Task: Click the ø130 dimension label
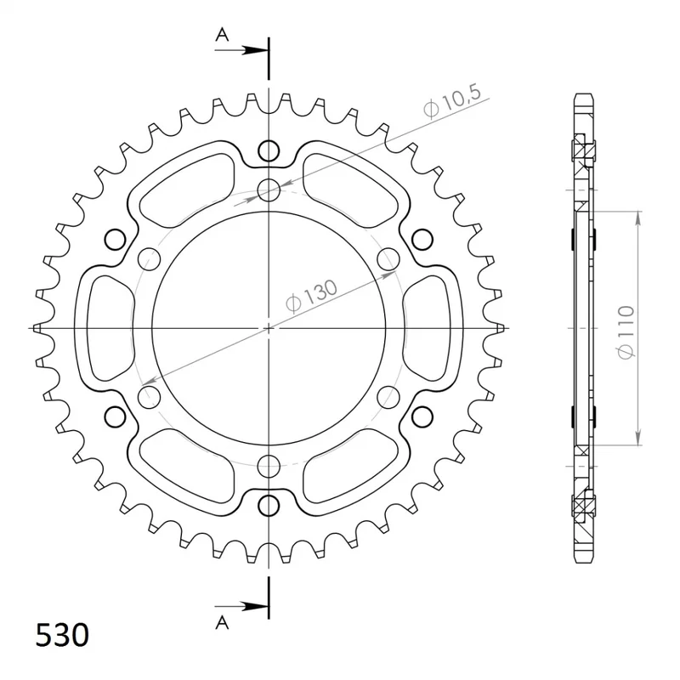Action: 311,296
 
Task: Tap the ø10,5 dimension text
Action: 452,102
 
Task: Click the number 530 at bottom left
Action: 62,635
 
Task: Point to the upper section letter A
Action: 222,34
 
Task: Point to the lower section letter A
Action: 222,622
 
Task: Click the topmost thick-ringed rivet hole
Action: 269,151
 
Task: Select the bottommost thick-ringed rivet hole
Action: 269,506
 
